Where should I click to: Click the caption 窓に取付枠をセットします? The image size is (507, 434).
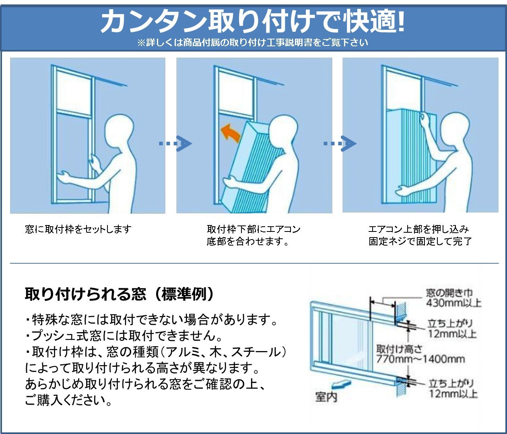tap(78, 229)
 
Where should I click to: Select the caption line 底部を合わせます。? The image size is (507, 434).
tap(248, 242)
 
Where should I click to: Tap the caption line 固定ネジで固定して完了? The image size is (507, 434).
tap(420, 242)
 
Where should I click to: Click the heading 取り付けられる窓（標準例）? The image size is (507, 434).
tap(120, 294)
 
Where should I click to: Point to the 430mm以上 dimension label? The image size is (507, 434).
tap(453, 303)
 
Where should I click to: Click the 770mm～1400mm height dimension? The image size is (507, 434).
tap(420, 359)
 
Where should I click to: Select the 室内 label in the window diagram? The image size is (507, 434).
tap(326, 397)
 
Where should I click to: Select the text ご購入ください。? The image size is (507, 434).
tap(68, 400)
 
